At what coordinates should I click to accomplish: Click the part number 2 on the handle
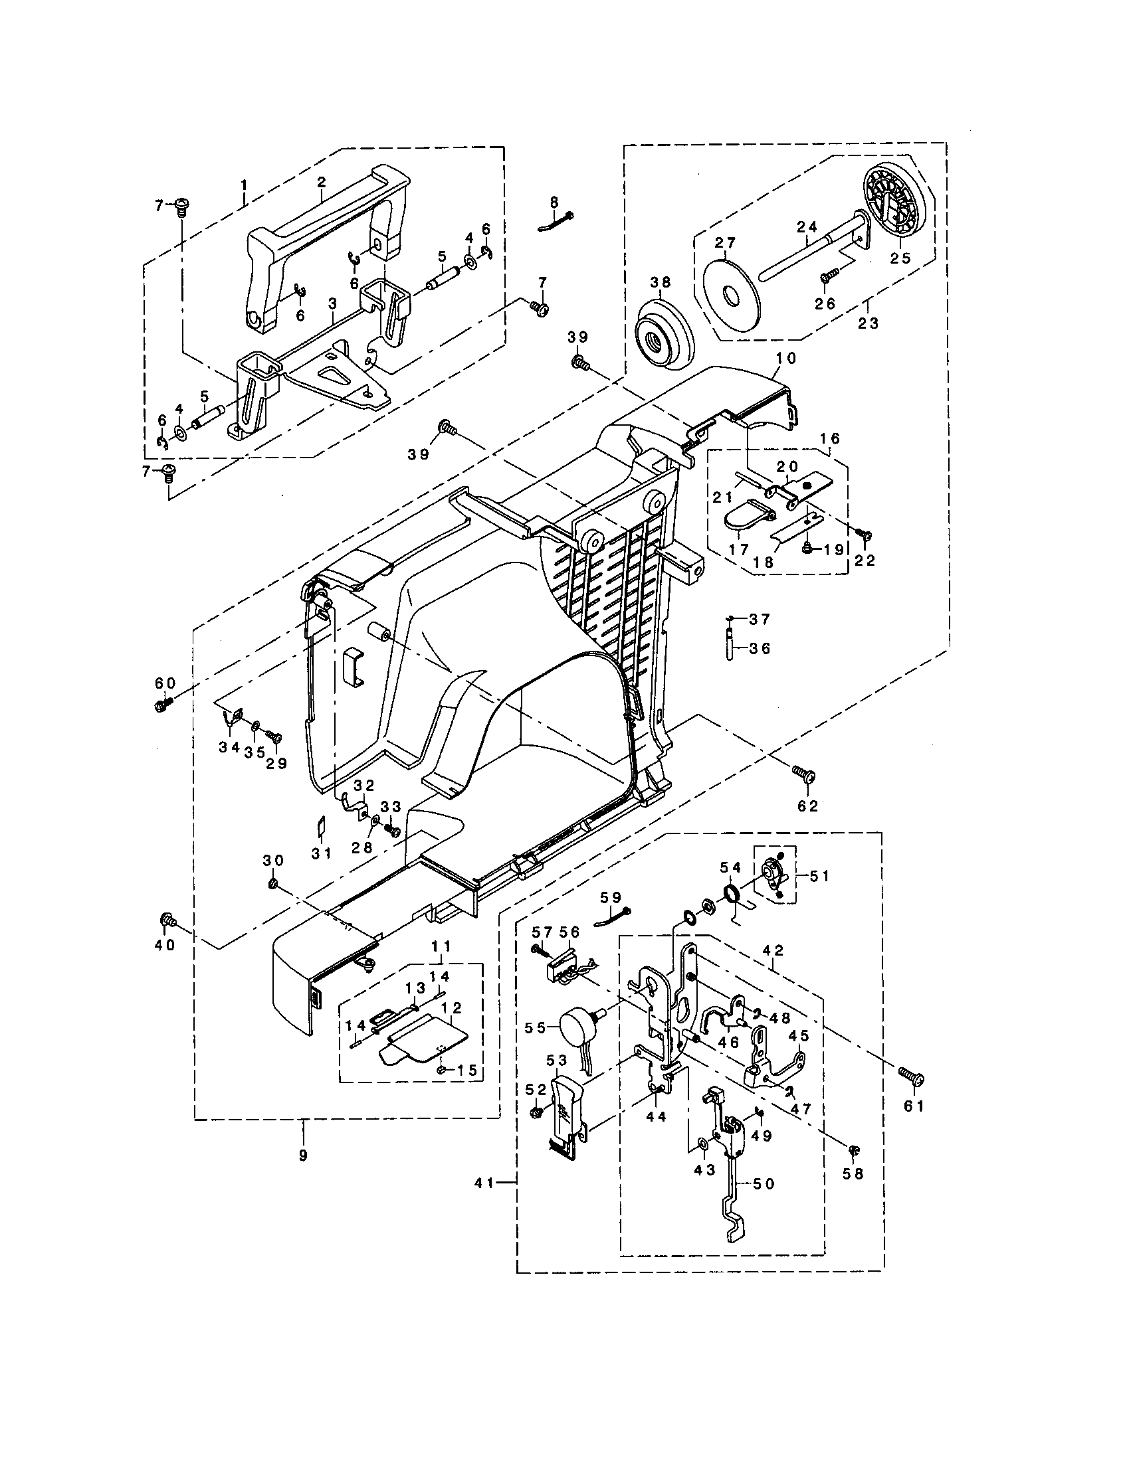click(321, 182)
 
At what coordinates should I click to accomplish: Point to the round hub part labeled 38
click(664, 340)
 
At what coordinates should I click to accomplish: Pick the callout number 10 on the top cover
click(787, 358)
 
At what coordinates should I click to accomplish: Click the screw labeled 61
click(914, 1078)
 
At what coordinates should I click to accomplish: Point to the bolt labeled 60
click(161, 706)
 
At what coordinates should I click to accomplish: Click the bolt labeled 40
click(167, 921)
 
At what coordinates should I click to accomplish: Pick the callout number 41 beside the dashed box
click(484, 1183)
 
